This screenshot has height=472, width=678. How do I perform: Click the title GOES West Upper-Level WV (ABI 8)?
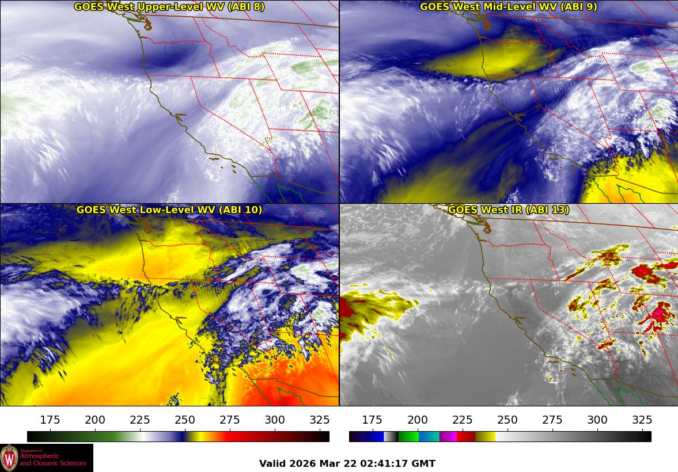pyautogui.click(x=169, y=7)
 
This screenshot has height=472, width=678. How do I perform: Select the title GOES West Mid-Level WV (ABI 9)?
pyautogui.click(x=509, y=7)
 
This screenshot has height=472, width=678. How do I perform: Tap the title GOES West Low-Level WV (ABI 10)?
pyautogui.click(x=169, y=210)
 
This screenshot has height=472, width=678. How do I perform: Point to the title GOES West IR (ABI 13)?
pyautogui.click(x=509, y=210)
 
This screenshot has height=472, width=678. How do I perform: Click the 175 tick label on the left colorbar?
pyautogui.click(x=50, y=420)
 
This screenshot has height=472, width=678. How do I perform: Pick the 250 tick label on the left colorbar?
pyautogui.click(x=185, y=420)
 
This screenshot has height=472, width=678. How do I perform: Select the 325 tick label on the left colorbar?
pyautogui.click(x=320, y=420)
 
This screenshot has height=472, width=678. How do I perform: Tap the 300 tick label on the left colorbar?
pyautogui.click(x=275, y=420)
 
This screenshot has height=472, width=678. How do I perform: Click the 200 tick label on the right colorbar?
pyautogui.click(x=417, y=420)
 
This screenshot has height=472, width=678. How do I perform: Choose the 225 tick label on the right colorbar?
pyautogui.click(x=462, y=420)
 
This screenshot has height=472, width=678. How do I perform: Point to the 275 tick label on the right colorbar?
pyautogui.click(x=552, y=420)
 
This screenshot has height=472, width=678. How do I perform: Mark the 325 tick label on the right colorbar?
pyautogui.click(x=642, y=420)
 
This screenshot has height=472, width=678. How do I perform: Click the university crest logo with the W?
pyautogui.click(x=9, y=458)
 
